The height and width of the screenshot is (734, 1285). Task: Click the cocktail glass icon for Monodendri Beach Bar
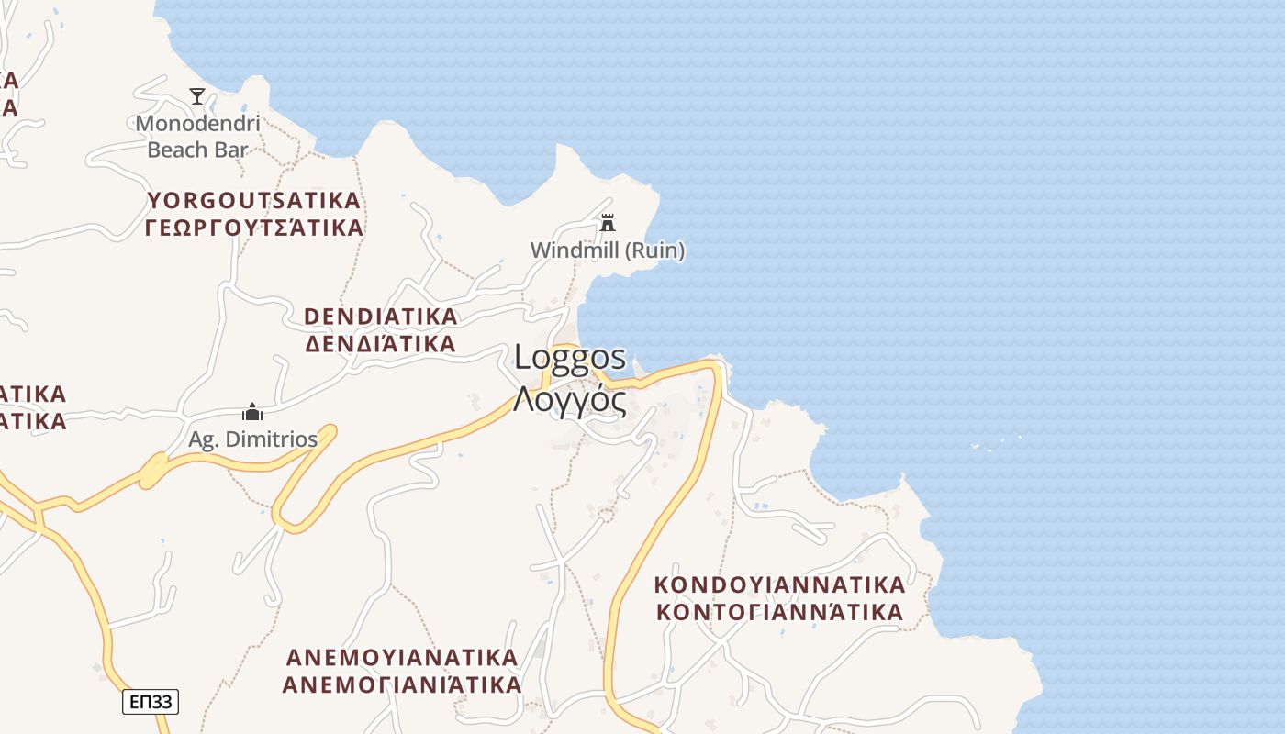point(197,95)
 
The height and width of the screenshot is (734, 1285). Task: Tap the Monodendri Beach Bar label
point(198,136)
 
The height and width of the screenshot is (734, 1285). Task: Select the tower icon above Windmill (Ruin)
point(607,223)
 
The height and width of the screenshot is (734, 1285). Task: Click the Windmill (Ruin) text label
point(608,250)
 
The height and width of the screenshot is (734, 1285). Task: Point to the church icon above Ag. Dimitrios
point(252,412)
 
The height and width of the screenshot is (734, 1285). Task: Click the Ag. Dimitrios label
point(252,439)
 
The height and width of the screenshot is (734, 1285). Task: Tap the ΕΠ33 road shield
point(151,702)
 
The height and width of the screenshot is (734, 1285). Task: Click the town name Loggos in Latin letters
point(570,357)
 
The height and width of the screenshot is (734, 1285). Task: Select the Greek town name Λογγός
point(570,400)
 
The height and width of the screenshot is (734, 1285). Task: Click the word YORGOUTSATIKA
point(254,200)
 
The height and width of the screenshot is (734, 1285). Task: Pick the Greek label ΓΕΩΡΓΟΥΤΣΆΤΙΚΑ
point(254,227)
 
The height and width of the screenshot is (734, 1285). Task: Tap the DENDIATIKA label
point(380,317)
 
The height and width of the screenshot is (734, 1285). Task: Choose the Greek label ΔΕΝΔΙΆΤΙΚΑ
point(380,343)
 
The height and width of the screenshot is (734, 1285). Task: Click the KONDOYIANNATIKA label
point(779,584)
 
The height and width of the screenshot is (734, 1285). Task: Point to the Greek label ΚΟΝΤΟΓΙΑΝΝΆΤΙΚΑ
point(779,611)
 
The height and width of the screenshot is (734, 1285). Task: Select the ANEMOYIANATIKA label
point(402,657)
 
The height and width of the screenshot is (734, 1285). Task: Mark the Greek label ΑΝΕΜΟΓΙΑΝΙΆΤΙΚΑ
point(402,684)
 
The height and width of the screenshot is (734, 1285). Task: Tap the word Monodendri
point(198,123)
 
